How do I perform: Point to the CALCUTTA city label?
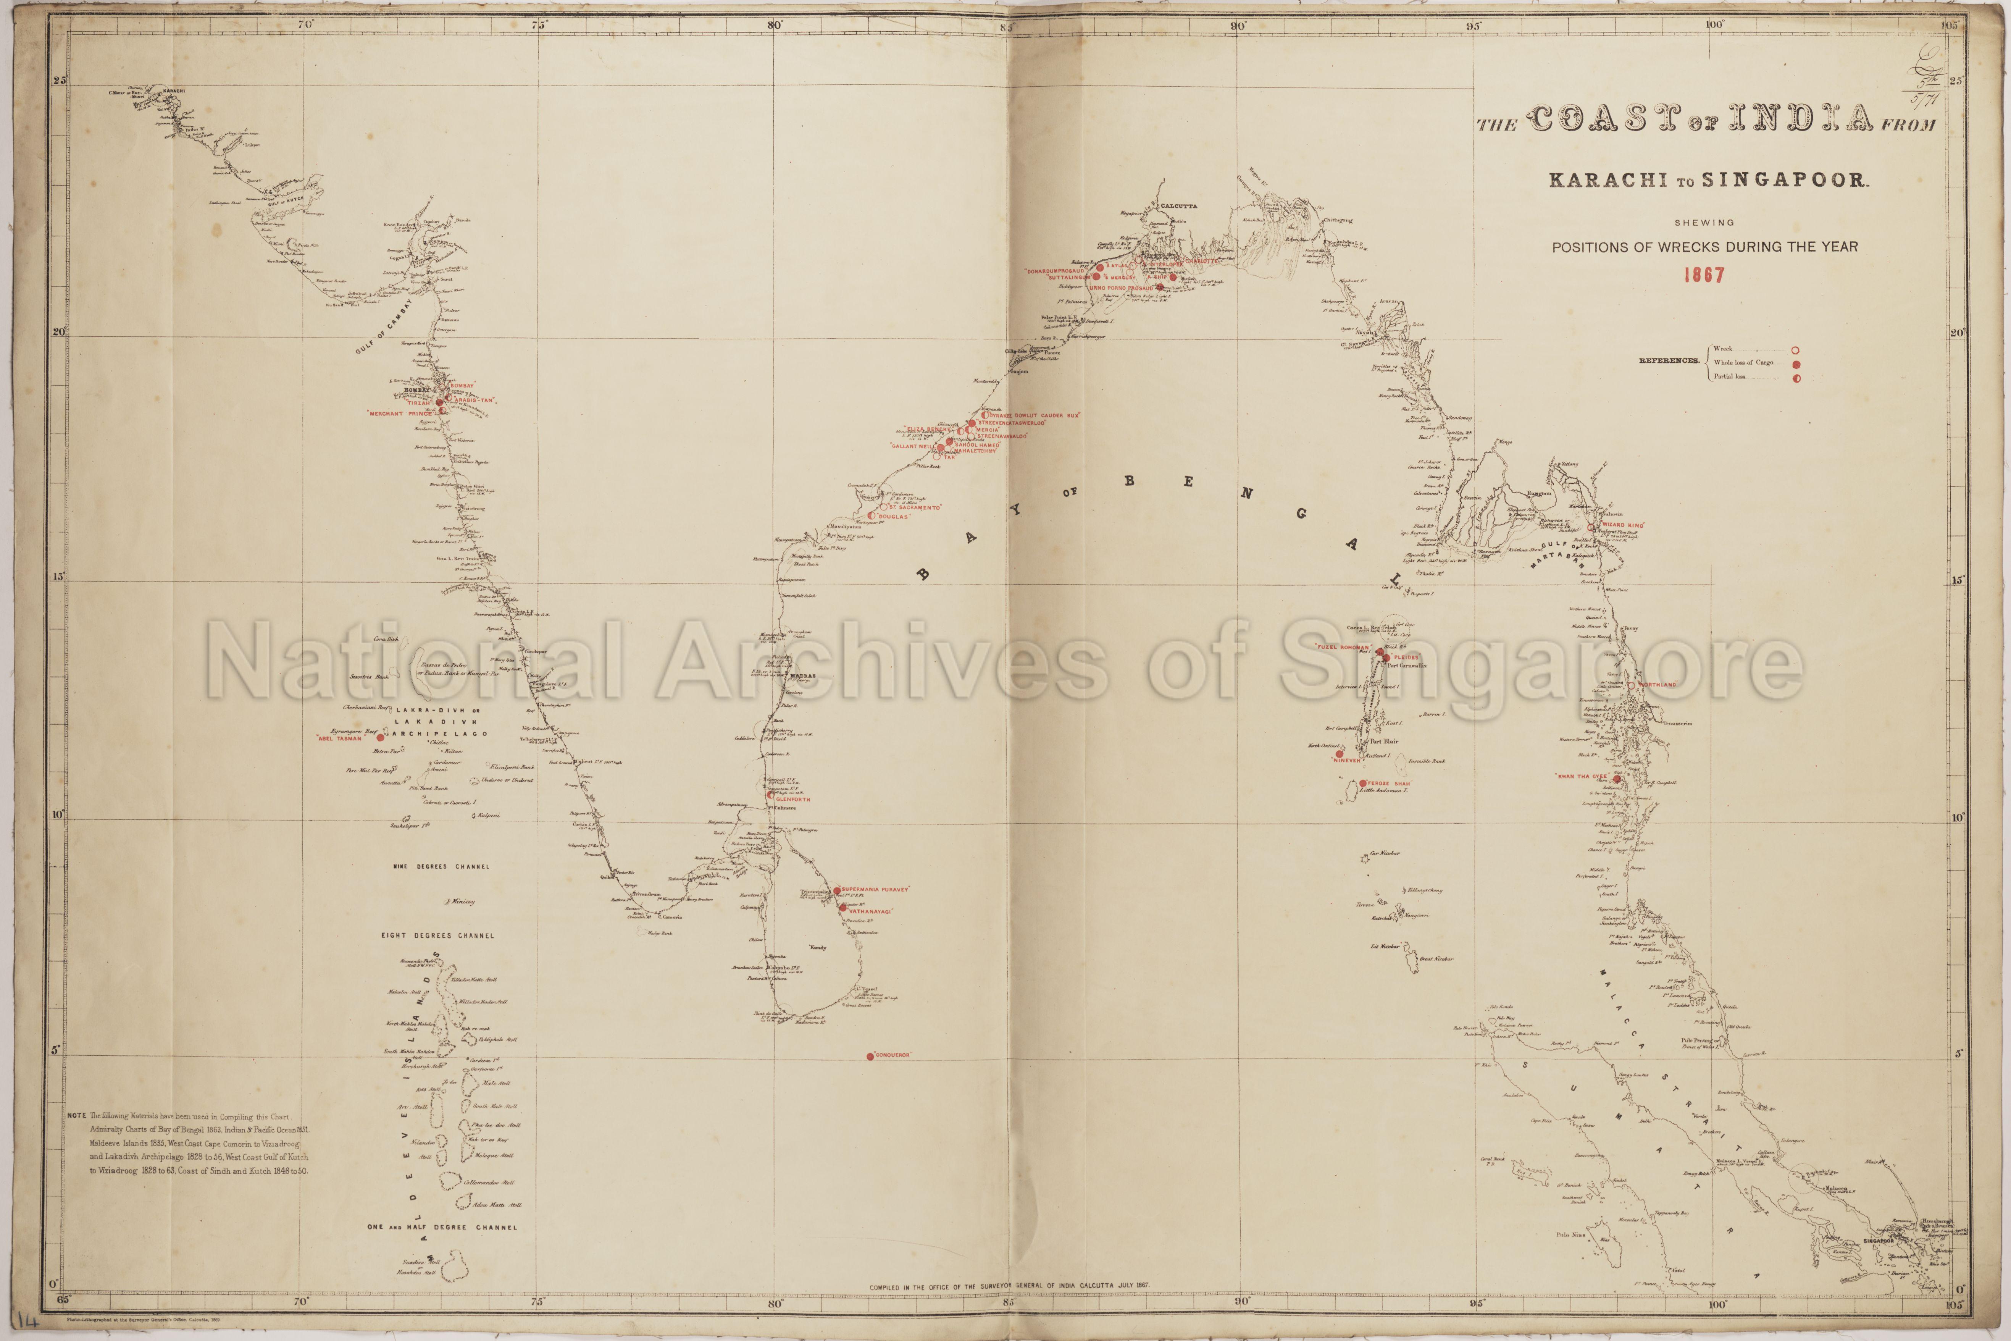1179,206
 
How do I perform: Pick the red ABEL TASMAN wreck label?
339,738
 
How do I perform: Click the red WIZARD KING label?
1622,525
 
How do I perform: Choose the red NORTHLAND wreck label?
1656,685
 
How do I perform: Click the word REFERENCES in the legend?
1668,361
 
